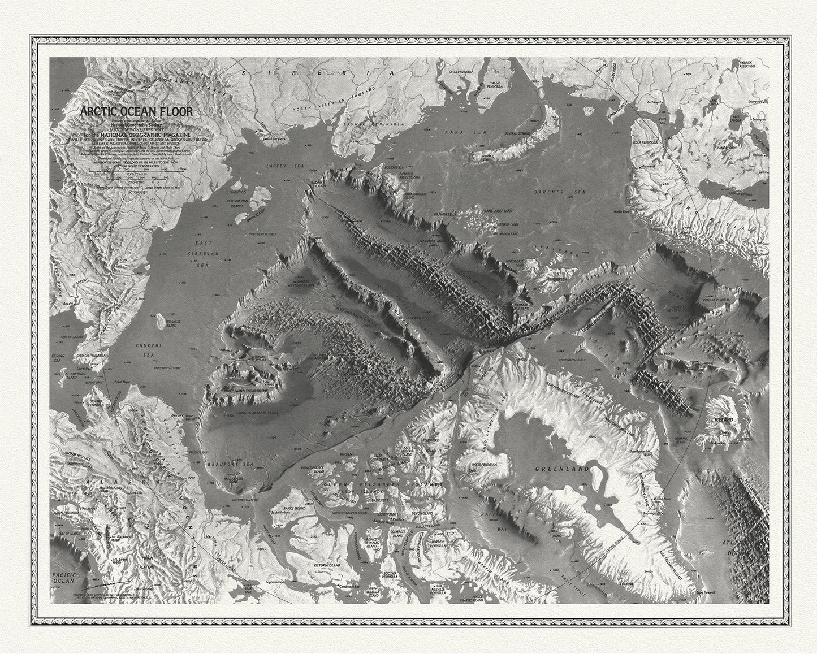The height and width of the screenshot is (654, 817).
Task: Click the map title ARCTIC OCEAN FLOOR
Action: pos(136,111)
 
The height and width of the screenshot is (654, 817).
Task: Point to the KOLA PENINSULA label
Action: pos(645,143)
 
